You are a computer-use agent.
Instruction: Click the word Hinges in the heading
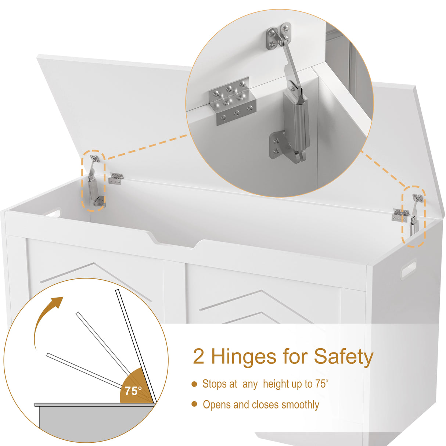coord(244,357)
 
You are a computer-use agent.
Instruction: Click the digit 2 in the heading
coord(199,357)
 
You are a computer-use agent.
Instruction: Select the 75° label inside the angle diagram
coord(133,391)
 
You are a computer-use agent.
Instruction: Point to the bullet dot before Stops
coord(194,384)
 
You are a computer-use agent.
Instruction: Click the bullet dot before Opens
coord(194,404)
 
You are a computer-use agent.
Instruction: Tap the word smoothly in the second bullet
coord(301,405)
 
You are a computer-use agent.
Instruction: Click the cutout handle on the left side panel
coord(53,213)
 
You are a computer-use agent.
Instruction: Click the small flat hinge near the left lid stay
coord(116,179)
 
